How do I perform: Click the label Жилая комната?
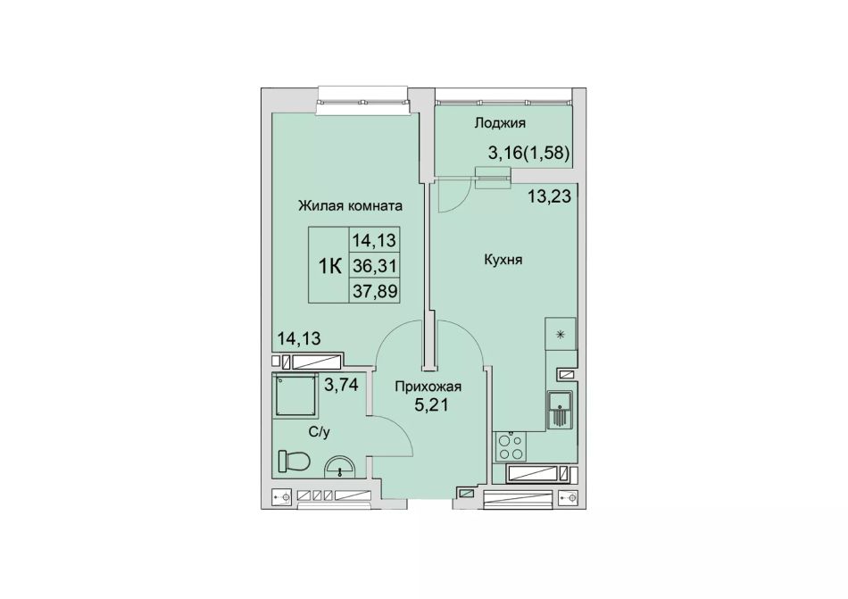(x=351, y=206)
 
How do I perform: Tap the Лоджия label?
(x=500, y=123)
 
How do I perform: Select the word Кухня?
(x=503, y=260)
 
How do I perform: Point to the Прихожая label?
(x=428, y=387)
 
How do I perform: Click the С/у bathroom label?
(x=319, y=432)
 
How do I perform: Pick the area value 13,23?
(x=550, y=196)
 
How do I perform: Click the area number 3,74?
(x=341, y=385)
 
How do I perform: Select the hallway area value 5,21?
(x=431, y=404)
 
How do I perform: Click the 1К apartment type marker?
(x=329, y=266)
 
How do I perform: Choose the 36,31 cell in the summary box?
(x=375, y=265)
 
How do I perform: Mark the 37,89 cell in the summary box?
(x=375, y=291)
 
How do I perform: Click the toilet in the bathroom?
(x=294, y=462)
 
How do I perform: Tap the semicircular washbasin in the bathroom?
(x=339, y=468)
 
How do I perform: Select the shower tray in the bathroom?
(x=295, y=395)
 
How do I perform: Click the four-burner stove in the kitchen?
(x=510, y=446)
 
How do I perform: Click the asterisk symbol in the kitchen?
(x=561, y=335)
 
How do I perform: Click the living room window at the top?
(x=362, y=101)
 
